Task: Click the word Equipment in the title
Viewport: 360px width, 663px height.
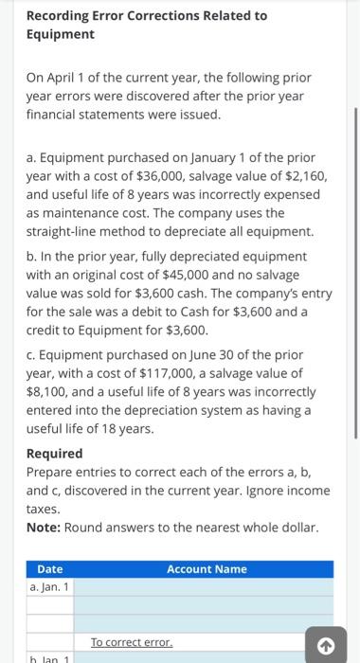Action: (60, 34)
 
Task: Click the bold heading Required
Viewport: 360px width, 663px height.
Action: (54, 454)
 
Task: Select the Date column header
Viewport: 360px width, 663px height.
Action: (49, 569)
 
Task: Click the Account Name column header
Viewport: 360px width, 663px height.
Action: (206, 569)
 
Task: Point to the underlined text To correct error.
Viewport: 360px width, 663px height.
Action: (132, 641)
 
